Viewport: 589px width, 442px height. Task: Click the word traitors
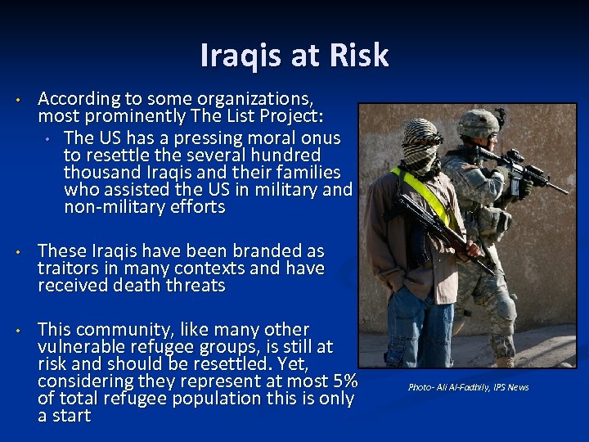tap(70, 268)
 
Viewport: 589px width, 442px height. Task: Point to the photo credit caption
tap(468, 387)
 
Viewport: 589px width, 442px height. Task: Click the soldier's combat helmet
tap(478, 123)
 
